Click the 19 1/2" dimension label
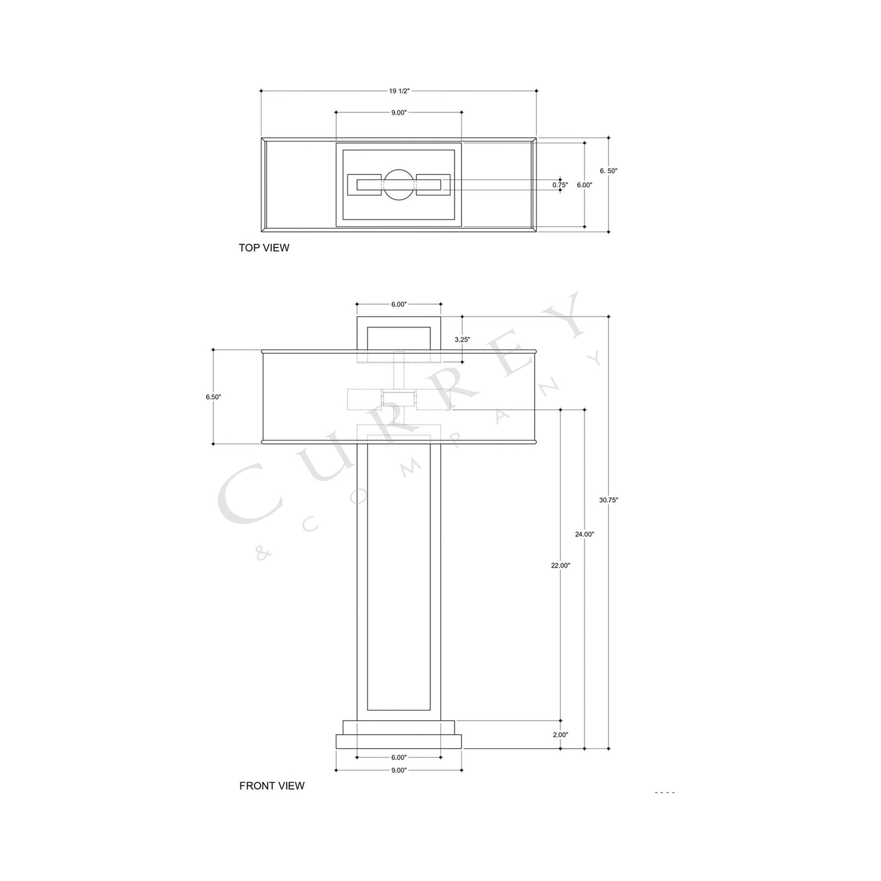[x=399, y=91]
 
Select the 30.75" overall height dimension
[x=608, y=500]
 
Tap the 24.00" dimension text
[x=584, y=534]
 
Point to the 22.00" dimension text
[x=560, y=565]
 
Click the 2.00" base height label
[x=560, y=735]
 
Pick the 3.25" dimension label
[x=462, y=339]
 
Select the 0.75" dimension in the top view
[x=560, y=185]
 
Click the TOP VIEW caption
[x=264, y=248]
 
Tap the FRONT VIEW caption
[x=271, y=786]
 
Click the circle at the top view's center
[x=399, y=185]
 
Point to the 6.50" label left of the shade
[x=213, y=397]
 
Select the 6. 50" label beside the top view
[x=608, y=171]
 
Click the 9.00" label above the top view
[x=399, y=113]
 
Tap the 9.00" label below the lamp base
[x=399, y=770]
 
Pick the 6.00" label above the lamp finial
[x=399, y=304]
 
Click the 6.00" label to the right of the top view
[x=584, y=185]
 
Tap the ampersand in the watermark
[x=263, y=553]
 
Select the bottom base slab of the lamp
[x=399, y=741]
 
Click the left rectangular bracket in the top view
[x=365, y=185]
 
